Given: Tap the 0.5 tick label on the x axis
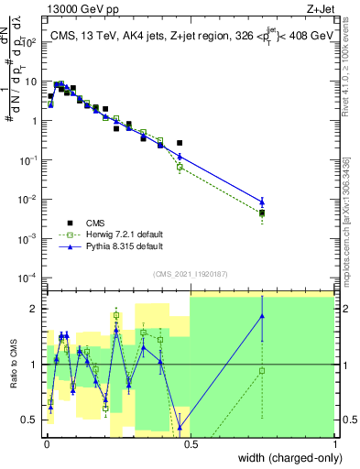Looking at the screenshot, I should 190,443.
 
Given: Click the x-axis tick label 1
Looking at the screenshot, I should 334,443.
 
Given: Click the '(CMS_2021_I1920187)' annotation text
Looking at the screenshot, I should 189,273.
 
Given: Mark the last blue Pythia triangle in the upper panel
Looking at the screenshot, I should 262,202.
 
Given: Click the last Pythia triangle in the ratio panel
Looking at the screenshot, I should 262,317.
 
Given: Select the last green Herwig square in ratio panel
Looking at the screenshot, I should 262,371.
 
